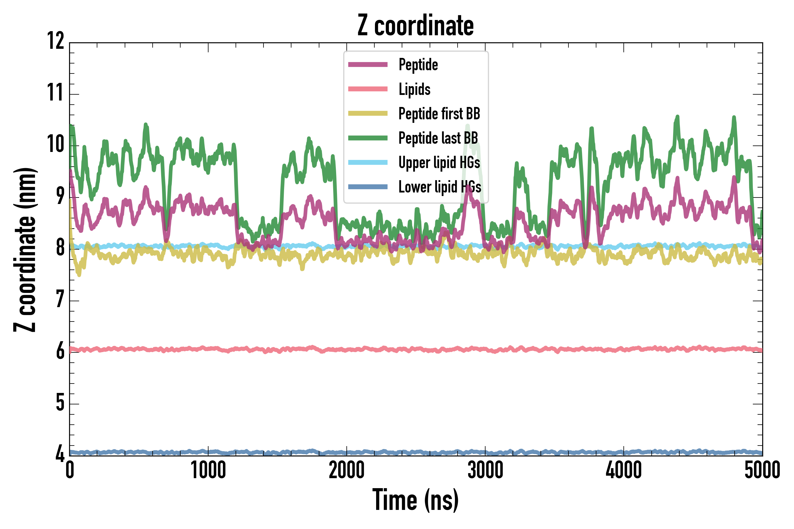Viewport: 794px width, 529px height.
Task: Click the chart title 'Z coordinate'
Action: click(416, 26)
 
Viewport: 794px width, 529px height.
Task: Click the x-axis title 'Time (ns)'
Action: click(416, 500)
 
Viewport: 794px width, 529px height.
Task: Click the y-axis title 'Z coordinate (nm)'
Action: click(25, 249)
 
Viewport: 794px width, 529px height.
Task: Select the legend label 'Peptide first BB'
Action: click(439, 114)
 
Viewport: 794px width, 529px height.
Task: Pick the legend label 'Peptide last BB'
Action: click(438, 138)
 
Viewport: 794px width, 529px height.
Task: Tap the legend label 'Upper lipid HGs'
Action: click(439, 163)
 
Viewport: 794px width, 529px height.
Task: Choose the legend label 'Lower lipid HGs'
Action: click(440, 187)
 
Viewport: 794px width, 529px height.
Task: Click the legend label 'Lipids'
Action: click(415, 89)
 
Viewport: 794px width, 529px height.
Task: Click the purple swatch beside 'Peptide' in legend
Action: click(368, 65)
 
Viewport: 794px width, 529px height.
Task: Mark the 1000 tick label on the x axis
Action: click(208, 470)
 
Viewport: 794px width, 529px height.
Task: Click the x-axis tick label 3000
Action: click(485, 470)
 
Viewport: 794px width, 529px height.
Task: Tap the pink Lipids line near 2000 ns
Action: click(347, 349)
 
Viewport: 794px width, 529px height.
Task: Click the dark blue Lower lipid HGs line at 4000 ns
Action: click(623, 452)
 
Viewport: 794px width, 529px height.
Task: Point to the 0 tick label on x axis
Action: click(69, 470)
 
